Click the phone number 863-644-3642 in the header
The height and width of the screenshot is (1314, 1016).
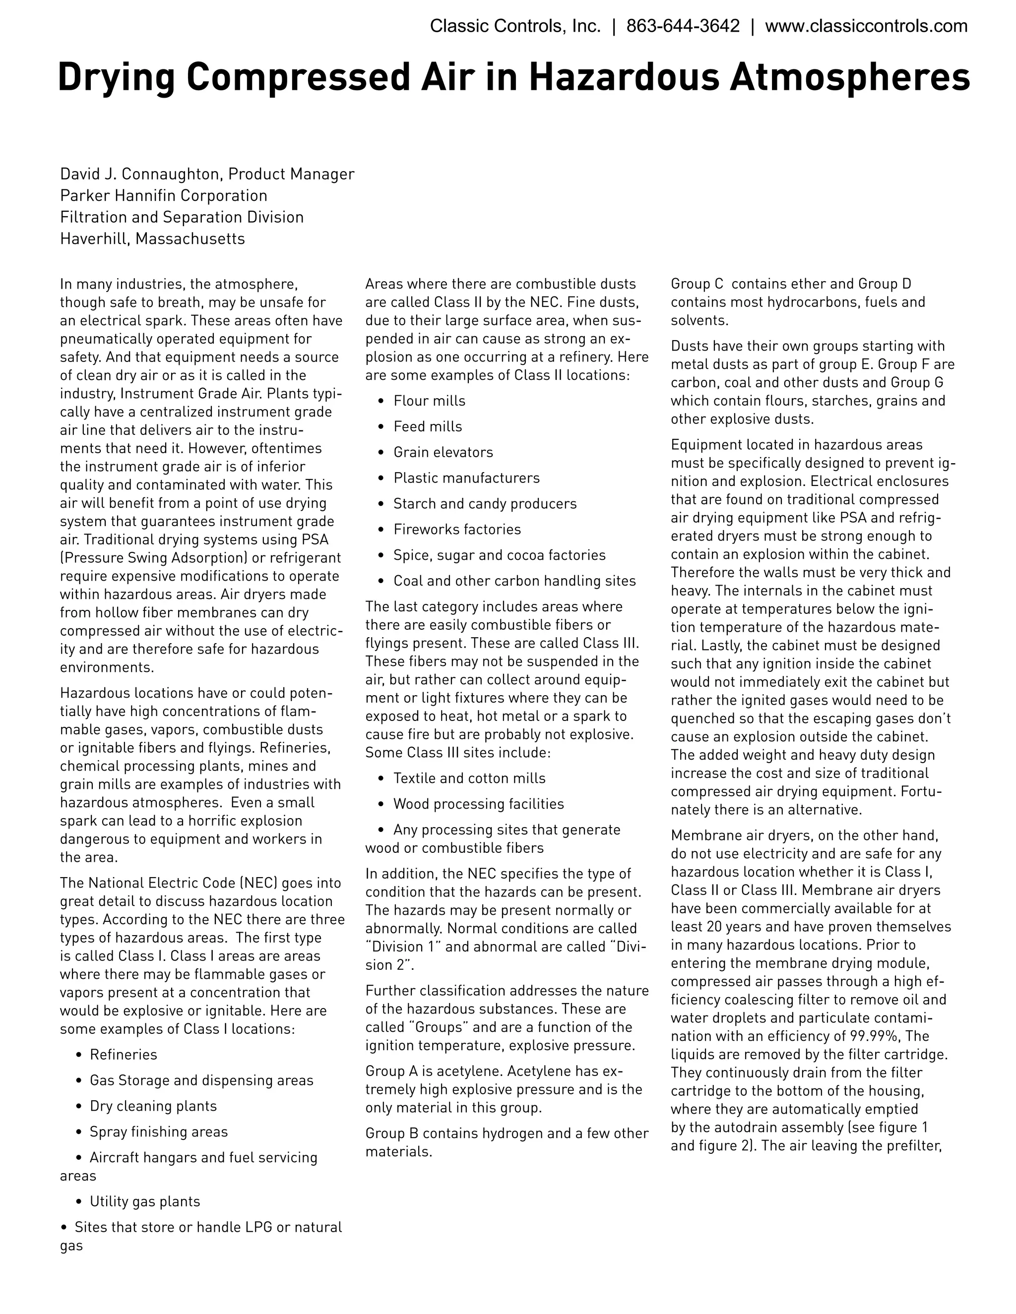click(683, 26)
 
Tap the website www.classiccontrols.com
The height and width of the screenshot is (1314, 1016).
click(866, 26)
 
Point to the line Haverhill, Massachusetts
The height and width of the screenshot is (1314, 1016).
click(152, 239)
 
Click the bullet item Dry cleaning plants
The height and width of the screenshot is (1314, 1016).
click(153, 1106)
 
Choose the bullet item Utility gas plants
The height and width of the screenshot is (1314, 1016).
click(144, 1201)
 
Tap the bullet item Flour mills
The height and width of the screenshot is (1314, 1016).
click(429, 401)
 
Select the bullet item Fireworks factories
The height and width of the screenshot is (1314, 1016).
click(457, 530)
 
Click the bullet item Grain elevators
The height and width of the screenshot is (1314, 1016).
click(443, 452)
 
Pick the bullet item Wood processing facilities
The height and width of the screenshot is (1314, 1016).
click(479, 804)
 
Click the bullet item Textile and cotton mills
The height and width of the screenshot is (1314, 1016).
click(469, 778)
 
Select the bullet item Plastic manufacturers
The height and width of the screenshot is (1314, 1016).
click(466, 478)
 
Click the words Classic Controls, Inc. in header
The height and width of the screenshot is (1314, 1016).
click(515, 26)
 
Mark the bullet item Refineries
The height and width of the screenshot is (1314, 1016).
click(124, 1055)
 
